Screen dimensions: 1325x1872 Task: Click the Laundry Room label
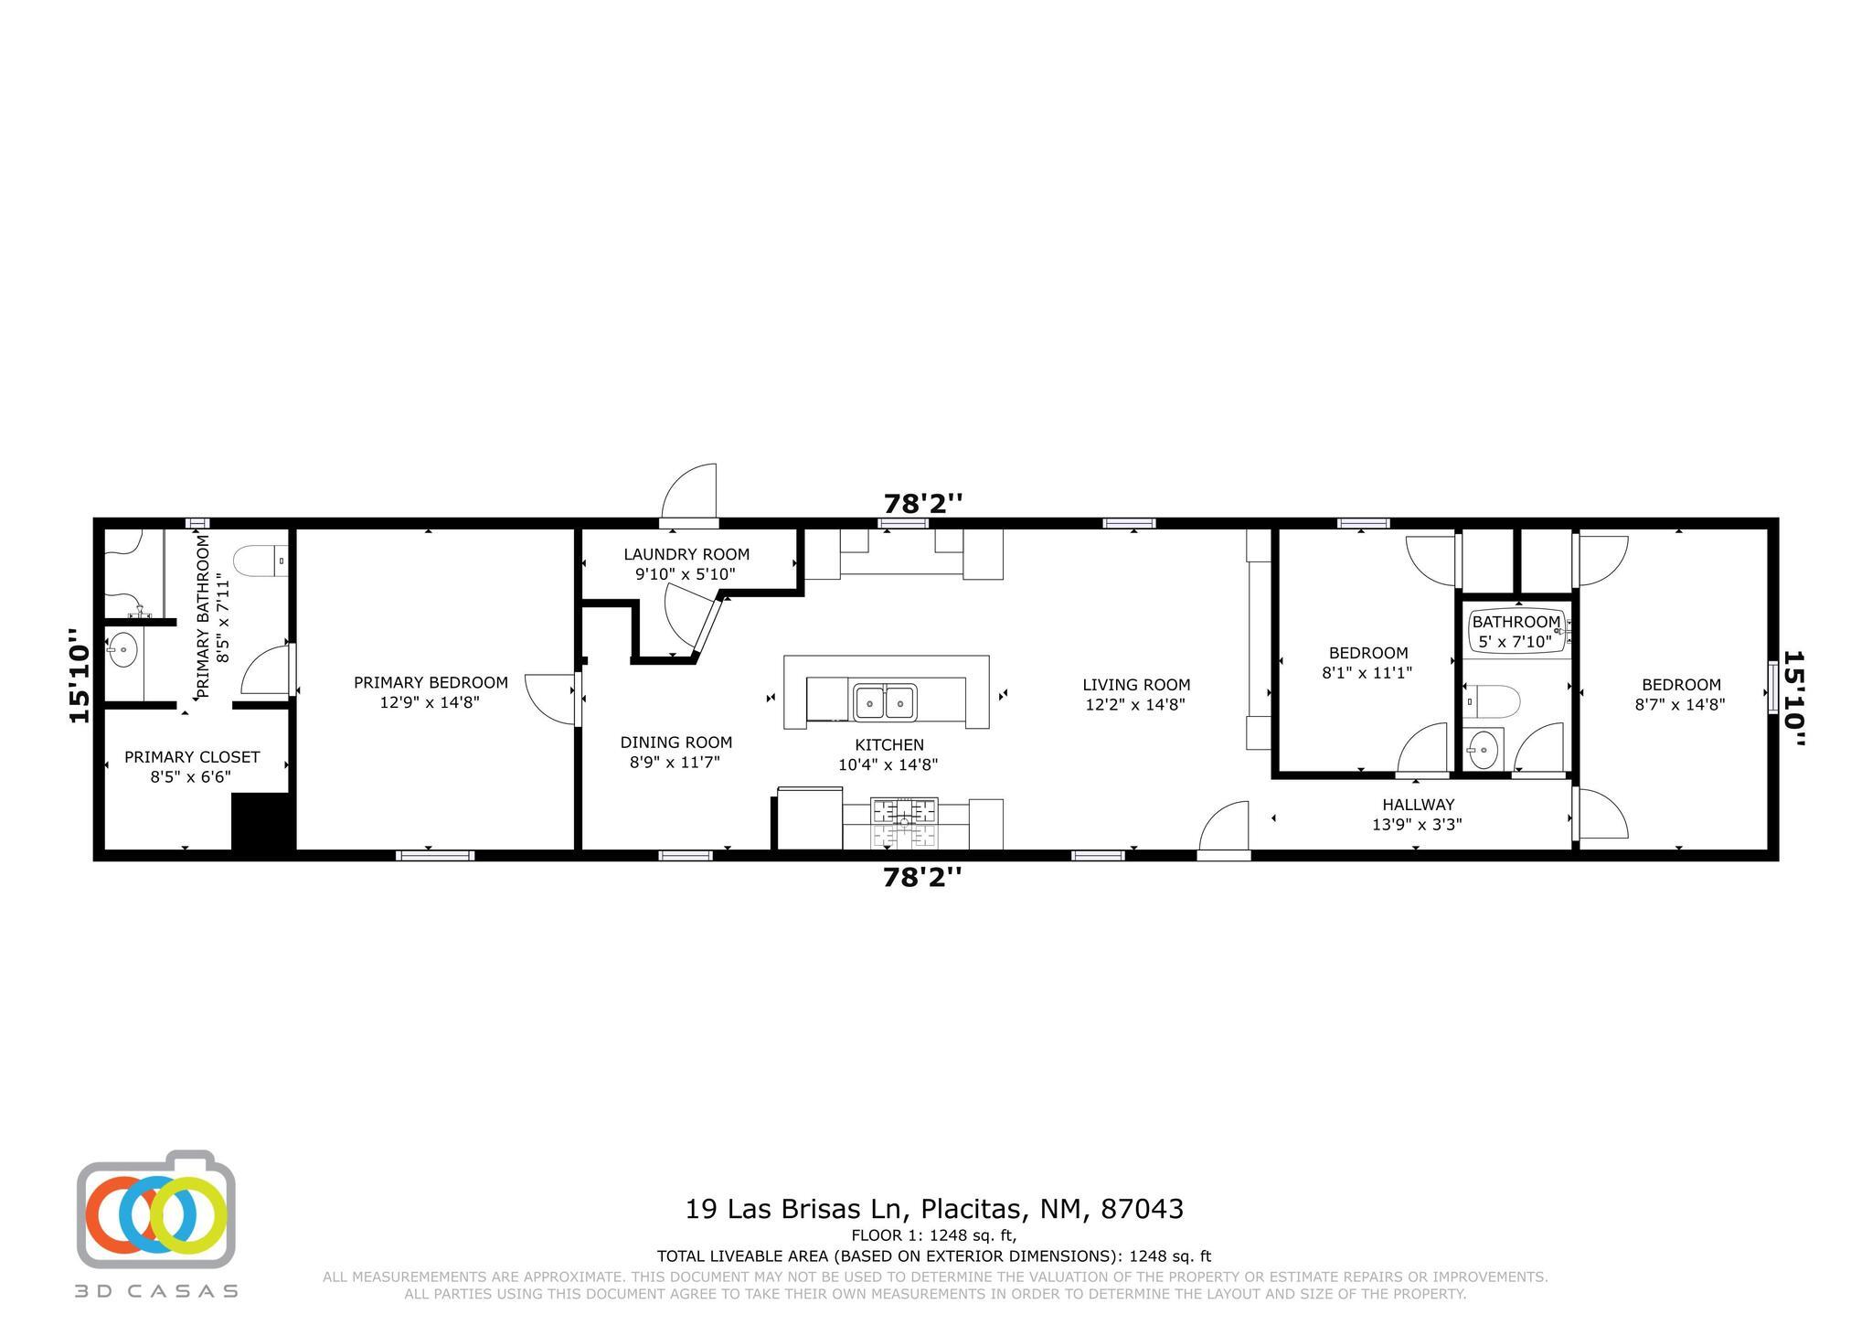[x=686, y=554]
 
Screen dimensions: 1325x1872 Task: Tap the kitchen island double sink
[x=885, y=703]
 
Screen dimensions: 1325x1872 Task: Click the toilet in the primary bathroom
[x=261, y=561]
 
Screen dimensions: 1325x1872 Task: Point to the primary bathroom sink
[x=122, y=651]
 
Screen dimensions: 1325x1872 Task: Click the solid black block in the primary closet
[x=261, y=822]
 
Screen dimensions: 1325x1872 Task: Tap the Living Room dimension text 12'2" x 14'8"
[x=1135, y=705]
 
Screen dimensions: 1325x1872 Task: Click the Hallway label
[x=1418, y=805]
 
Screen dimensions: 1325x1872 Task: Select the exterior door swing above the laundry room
[x=691, y=494]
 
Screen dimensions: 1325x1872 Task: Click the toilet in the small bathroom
[x=1492, y=701]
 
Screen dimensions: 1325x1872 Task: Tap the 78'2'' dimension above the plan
[x=922, y=504]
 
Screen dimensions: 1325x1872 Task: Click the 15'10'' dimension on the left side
[x=80, y=676]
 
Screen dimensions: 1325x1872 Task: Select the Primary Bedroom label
[x=431, y=682]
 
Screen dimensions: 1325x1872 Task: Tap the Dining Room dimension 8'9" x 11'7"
[x=675, y=762]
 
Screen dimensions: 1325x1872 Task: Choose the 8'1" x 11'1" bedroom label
[x=1367, y=673]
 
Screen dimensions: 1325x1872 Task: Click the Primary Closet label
[x=192, y=757]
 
